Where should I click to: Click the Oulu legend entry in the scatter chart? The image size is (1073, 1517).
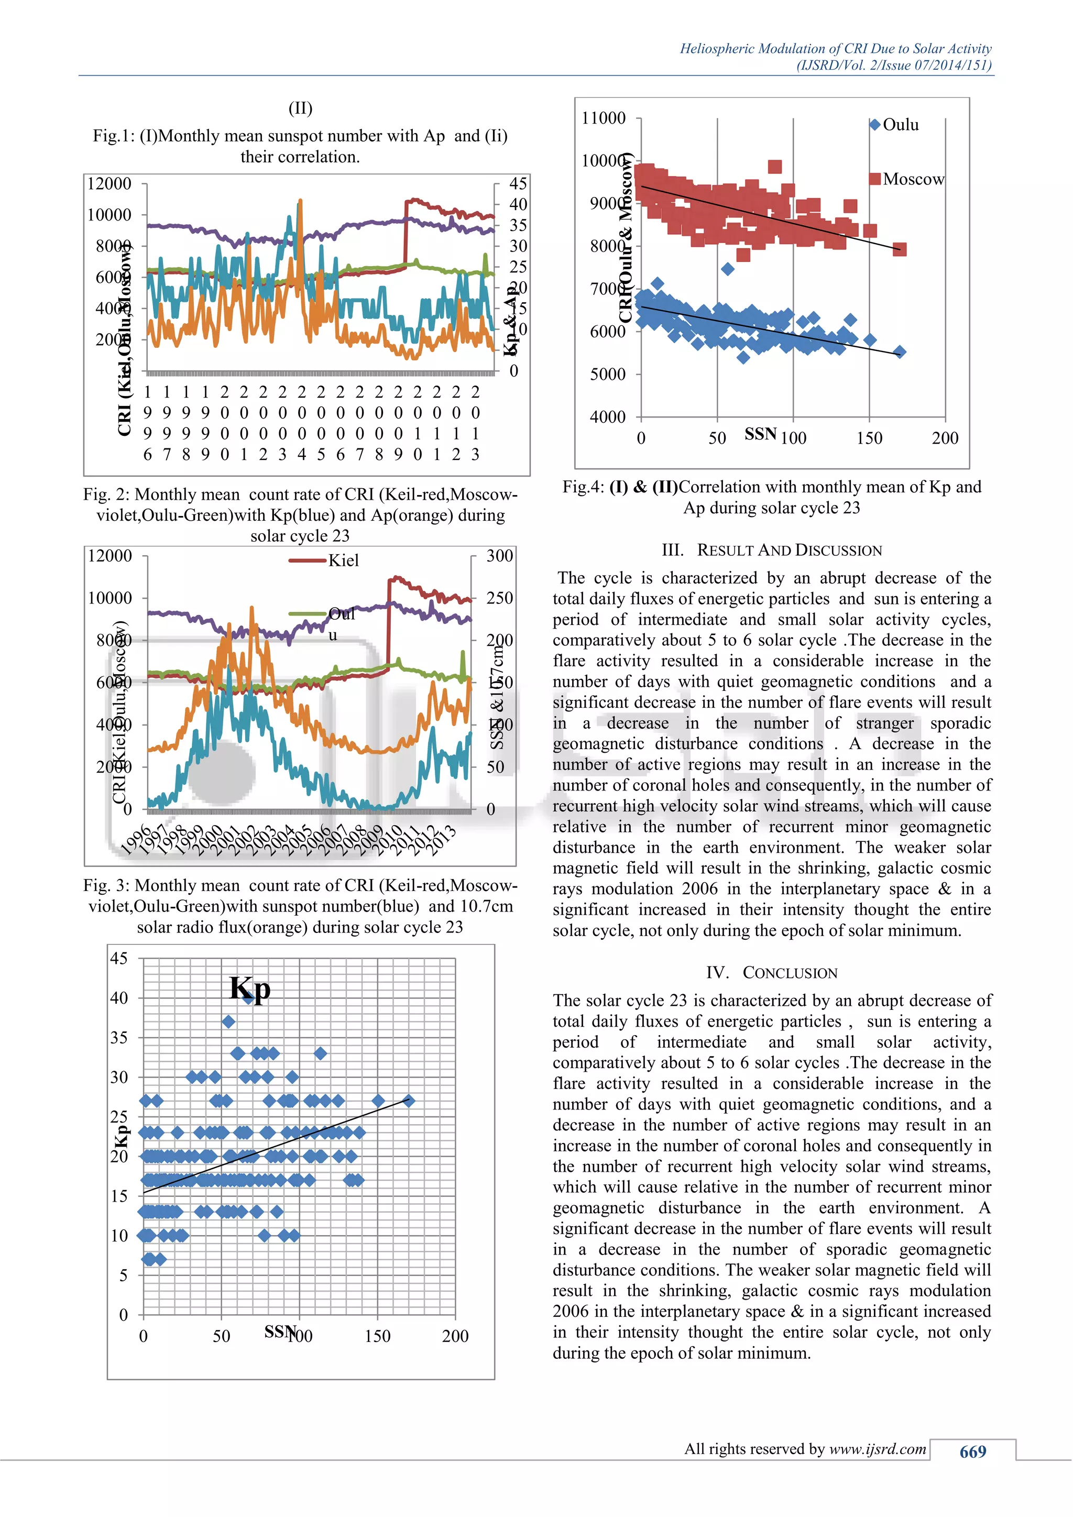[x=895, y=125]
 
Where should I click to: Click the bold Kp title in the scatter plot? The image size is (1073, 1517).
[x=250, y=989]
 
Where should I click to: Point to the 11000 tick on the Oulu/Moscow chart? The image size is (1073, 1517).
[x=603, y=118]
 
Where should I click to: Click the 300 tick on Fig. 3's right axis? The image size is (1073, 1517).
[x=499, y=556]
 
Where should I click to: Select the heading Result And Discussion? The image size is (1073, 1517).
[x=772, y=551]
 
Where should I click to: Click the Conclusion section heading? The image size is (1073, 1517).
[x=772, y=973]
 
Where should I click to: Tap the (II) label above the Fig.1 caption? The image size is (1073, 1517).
[x=301, y=108]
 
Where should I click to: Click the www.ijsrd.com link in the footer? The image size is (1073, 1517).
[x=878, y=1449]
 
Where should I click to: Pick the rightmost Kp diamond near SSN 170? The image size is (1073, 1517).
[x=408, y=1101]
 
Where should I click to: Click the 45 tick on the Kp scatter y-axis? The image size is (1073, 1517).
[x=119, y=958]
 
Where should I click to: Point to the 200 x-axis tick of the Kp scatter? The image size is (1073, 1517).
[x=455, y=1336]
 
